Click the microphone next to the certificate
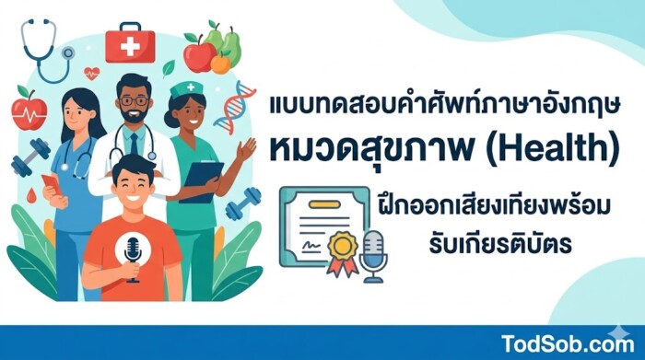click(374, 253)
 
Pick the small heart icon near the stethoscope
click(91, 72)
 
